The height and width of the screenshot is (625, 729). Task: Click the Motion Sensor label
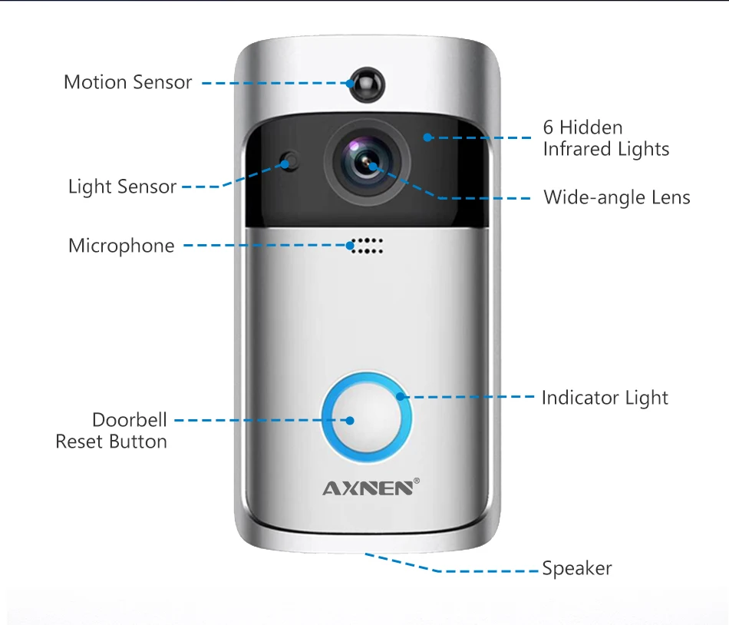coord(127,82)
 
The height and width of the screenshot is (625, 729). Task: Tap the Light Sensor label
coord(122,187)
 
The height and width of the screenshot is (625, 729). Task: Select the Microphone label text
coord(121,246)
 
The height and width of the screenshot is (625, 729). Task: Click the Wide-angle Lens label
coord(616,197)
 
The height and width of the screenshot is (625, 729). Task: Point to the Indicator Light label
coord(605,398)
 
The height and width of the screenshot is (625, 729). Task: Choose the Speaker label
coord(576,569)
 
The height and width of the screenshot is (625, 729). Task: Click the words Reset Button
coord(111,441)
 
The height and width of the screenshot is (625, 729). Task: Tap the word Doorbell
coord(129,420)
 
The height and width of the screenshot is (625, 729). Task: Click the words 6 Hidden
coord(582,127)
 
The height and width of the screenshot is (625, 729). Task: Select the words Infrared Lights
coord(605,149)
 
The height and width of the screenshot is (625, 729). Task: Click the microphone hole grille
coord(367,246)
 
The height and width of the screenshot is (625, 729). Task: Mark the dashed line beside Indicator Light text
coord(468,397)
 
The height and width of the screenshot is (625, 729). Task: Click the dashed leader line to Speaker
coord(460,570)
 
